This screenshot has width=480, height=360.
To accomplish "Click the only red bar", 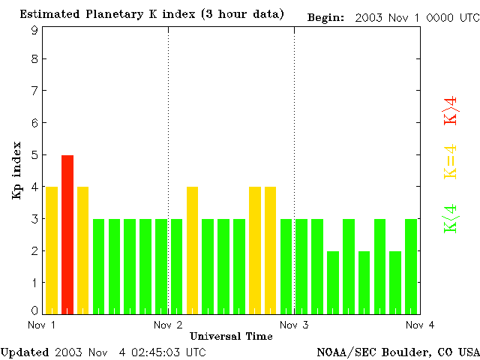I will pos(67,234).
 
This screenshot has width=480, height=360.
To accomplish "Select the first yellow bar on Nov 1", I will pos(52,250).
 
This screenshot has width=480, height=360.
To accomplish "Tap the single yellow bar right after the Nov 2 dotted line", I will pos(192,250).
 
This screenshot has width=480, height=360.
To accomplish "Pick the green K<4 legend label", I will pos(451,218).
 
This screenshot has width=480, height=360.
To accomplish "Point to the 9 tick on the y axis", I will pos(34,31).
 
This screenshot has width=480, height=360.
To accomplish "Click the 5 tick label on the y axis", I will pos(34,155).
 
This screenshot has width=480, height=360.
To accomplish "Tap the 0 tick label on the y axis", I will pos(34,310).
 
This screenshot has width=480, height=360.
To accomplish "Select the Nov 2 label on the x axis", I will pos(169,325).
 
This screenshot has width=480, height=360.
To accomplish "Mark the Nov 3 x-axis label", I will pos(295,325).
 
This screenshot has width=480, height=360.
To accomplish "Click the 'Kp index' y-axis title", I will pos(16,170).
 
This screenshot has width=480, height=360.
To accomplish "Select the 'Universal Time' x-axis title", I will pos(231,336).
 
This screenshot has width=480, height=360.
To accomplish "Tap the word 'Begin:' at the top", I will pos(326,16).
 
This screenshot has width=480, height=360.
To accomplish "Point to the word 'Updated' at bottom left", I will pos(24,352).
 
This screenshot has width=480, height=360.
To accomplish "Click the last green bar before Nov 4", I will pos(411,265).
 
